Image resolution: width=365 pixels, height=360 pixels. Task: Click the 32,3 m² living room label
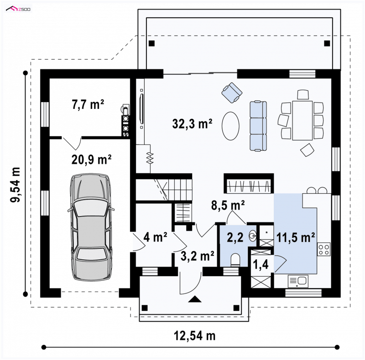coord(192,123)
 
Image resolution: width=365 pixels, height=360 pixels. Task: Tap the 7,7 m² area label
coord(88,104)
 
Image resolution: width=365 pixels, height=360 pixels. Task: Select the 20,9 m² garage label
coord(91,159)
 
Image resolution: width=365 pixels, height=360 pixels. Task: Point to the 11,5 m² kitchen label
coord(296,237)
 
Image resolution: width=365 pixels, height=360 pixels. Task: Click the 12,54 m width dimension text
coord(195,335)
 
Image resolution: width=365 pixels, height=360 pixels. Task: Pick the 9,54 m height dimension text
coord(15,185)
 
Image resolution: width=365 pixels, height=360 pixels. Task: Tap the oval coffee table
coord(230,126)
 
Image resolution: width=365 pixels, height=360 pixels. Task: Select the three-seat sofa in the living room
coord(258,126)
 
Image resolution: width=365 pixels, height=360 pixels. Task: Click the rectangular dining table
coord(302,120)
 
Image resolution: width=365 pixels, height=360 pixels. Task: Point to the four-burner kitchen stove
coord(324,249)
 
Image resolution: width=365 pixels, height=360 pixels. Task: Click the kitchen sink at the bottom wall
coord(298,282)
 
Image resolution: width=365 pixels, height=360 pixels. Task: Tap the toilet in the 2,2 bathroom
coord(235,260)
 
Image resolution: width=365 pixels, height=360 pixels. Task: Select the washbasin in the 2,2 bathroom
coord(253,237)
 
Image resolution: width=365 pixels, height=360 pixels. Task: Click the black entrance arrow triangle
coord(195,299)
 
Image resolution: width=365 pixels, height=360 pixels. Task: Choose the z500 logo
coord(18,9)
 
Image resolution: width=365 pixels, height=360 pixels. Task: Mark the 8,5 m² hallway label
coord(228,206)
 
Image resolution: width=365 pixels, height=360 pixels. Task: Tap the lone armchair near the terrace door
coord(232,93)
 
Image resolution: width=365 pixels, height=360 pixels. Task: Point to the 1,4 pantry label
coord(261,264)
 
